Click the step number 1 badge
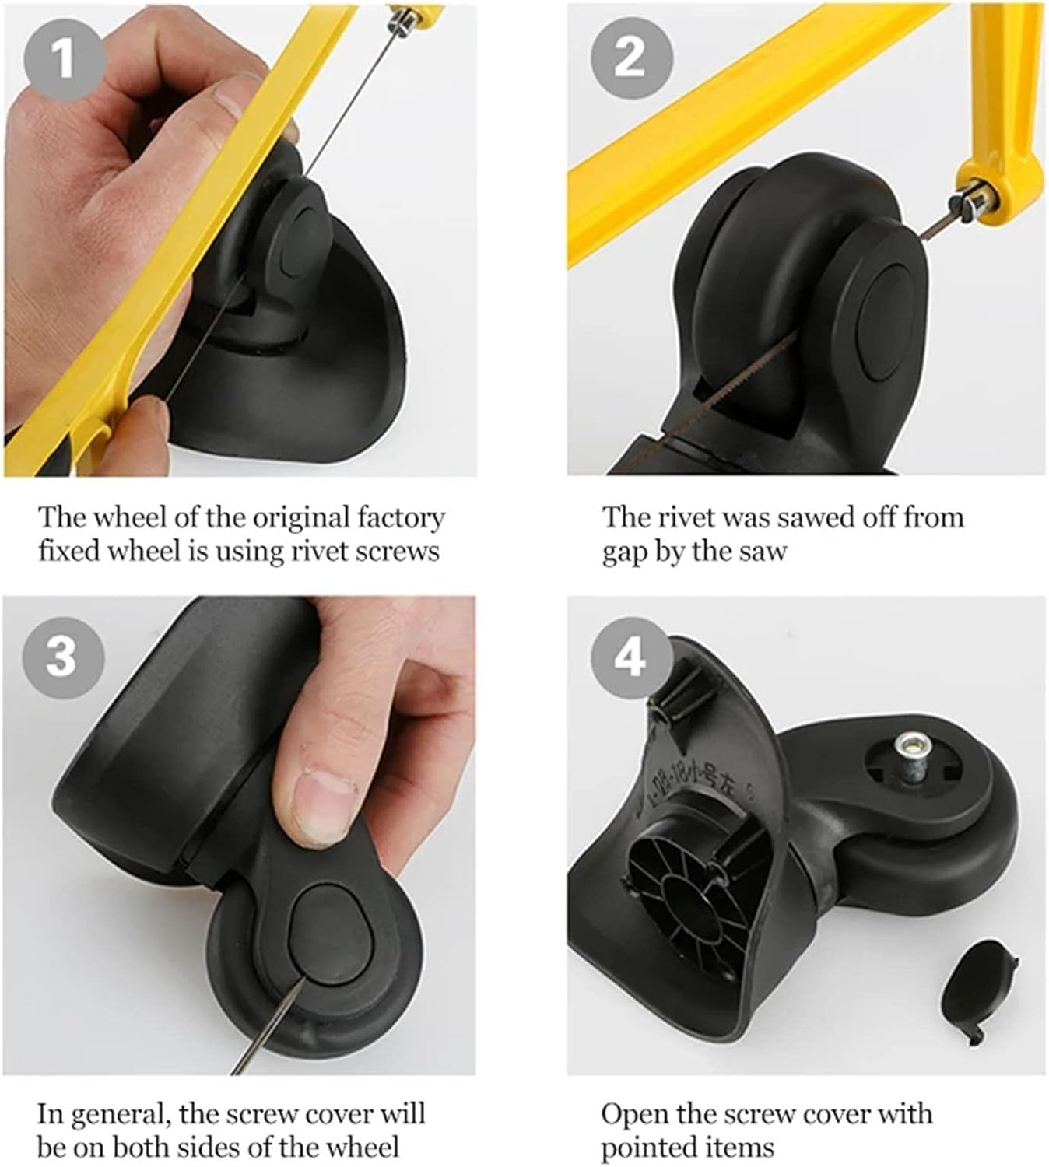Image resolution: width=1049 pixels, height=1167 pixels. coord(64,58)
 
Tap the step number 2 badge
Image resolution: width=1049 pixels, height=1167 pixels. coord(632,58)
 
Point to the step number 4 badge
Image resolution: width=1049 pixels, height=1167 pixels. coord(632,657)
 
